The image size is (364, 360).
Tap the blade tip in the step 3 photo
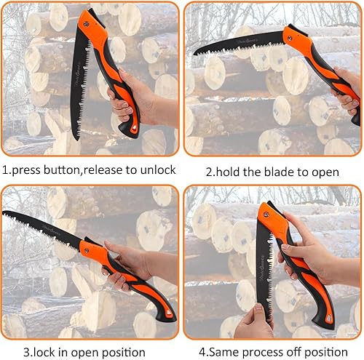click(4, 213)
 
